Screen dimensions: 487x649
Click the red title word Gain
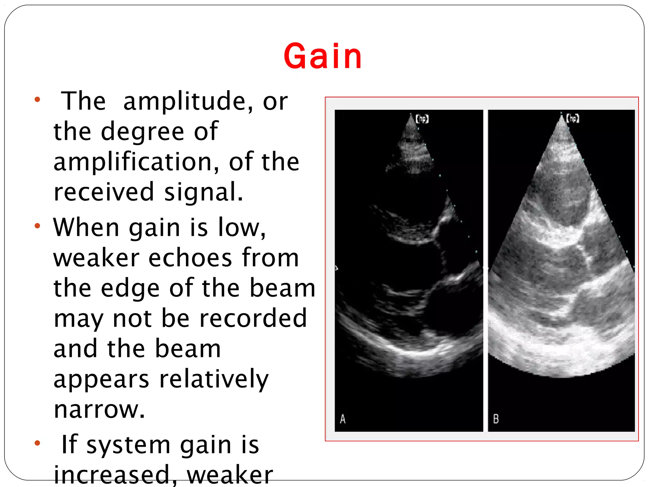coord(323,56)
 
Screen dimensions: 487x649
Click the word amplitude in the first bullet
coord(184,101)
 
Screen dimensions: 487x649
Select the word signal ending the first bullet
coord(203,192)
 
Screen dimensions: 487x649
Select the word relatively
coord(214,379)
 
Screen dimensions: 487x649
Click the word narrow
coord(99,409)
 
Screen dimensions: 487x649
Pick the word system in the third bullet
coord(128,445)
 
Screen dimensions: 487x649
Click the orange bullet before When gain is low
coord(37,226)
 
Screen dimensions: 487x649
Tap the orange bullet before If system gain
coord(37,443)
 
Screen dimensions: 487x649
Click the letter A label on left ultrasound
coord(343,419)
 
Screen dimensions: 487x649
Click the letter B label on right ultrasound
coord(496,419)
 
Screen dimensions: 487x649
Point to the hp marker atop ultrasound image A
coord(422,119)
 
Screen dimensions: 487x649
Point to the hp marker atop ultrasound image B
coord(573,119)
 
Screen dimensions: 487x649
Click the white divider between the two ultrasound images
coord(485,269)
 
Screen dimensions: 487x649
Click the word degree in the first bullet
coord(142,132)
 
